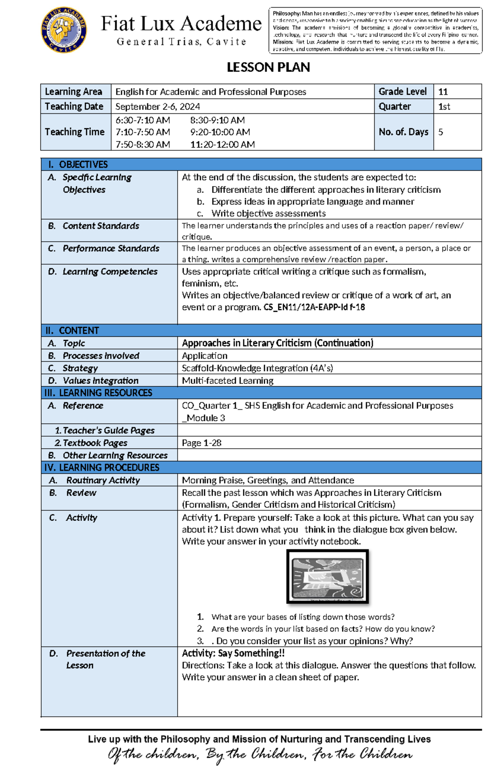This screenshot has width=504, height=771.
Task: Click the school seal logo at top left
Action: tap(64, 30)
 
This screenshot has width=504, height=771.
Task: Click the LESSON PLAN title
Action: tap(268, 67)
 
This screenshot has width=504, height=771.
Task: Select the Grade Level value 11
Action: tap(443, 92)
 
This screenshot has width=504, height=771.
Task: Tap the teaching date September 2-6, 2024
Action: tap(157, 106)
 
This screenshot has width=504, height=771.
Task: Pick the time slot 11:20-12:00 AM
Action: tap(222, 145)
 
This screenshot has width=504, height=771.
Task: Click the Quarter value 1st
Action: tap(444, 106)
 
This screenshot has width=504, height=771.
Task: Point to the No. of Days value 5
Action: tap(441, 132)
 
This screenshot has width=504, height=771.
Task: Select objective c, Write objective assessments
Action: tap(268, 213)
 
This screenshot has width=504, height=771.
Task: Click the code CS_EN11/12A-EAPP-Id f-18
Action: tap(314, 307)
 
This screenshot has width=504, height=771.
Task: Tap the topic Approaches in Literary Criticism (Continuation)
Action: tap(278, 343)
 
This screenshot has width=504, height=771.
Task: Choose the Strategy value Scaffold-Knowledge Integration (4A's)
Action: tap(257, 368)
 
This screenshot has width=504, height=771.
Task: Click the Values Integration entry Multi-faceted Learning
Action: tap(228, 381)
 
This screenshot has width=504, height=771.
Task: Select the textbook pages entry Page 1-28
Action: tap(202, 443)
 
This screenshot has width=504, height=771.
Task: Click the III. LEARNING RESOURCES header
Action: tap(98, 393)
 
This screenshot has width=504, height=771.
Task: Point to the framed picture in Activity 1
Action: tap(327, 577)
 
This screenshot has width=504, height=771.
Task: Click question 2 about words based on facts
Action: tap(323, 629)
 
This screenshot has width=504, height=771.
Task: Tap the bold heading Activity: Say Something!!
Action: tap(233, 653)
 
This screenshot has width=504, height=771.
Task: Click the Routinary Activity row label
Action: tap(102, 480)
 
